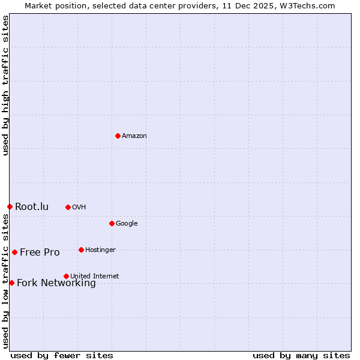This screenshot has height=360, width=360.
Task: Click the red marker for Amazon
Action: pos(118,136)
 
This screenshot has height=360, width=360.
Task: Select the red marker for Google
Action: pos(112,223)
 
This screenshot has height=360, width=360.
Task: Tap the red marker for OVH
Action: pos(68,207)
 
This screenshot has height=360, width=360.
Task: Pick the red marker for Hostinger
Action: pos(81,250)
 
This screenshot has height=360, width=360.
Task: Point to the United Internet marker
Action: pos(66,276)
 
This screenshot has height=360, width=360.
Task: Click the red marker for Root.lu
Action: pos(10,206)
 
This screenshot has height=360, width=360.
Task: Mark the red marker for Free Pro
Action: pos(14,252)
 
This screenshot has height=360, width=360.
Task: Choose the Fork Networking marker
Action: pos(11,283)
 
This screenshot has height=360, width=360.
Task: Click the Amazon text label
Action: pos(134,136)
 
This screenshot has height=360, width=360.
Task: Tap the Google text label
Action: pos(127,224)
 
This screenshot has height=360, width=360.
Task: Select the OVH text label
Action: pos(79,208)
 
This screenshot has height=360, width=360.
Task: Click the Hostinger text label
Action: pos(100,250)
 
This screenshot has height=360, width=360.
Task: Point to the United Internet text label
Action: pos(94,277)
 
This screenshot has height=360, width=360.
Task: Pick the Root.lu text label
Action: pos(32,207)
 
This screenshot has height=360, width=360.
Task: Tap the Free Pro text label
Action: pos(40,253)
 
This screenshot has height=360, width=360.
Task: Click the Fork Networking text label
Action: pos(56,283)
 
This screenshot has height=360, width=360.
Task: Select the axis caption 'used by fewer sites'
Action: pos(62,355)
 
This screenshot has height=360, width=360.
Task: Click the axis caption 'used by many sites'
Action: pos(301,355)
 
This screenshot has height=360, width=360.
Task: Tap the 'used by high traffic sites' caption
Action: pos(6,85)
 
